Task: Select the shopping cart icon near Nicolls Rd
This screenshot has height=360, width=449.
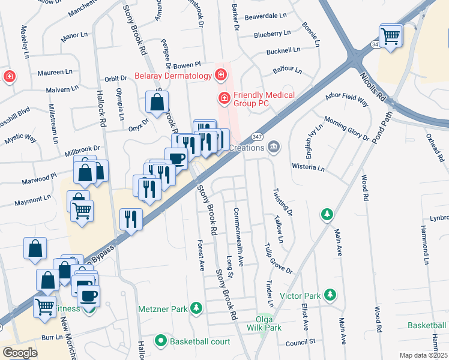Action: click(x=391, y=36)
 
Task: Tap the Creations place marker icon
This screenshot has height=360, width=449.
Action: click(x=274, y=146)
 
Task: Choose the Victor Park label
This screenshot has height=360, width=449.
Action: click(x=300, y=296)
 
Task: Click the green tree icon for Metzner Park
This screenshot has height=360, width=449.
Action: click(x=195, y=308)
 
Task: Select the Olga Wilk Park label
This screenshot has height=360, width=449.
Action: click(x=264, y=323)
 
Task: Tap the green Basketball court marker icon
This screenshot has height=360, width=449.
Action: click(x=160, y=341)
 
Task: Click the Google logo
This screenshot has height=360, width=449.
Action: click(x=20, y=352)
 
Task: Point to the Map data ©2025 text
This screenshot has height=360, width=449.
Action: click(x=423, y=355)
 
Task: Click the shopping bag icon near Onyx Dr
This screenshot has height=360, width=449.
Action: click(x=157, y=102)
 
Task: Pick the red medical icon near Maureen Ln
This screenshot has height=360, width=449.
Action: click(x=9, y=77)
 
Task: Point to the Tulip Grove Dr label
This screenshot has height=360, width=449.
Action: click(x=278, y=259)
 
